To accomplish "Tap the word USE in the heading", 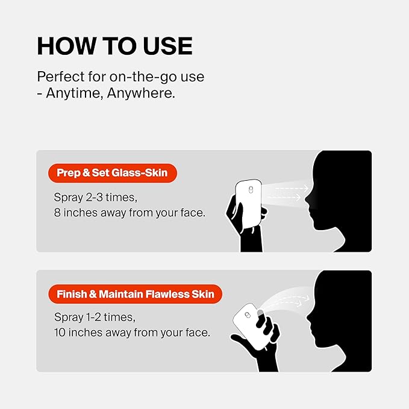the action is pos(167,46).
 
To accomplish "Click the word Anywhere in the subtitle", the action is pos(141,93).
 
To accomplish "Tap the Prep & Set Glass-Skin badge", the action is pos(113,173).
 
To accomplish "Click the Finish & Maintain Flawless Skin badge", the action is pos(135,294).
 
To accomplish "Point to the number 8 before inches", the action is pos(57,213).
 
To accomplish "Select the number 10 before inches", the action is pos(60,333).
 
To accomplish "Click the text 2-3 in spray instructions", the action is pos(94,198).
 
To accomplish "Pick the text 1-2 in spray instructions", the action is pos(93,317).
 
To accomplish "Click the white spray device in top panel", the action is pos(248,204).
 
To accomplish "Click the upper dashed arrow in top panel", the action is pos(292,188).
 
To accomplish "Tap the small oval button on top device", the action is pos(251,190).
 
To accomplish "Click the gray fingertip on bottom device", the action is pos(261,313).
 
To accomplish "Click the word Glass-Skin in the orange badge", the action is pos(139,173).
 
